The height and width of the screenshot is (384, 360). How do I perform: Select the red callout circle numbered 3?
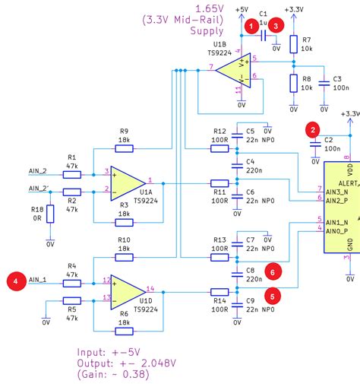pos(278,25)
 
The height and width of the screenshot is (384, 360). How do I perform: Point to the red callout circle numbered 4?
pos(14,280)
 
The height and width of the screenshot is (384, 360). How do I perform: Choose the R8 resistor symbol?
pos(293,83)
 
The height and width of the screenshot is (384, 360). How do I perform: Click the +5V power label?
pos(242,8)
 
